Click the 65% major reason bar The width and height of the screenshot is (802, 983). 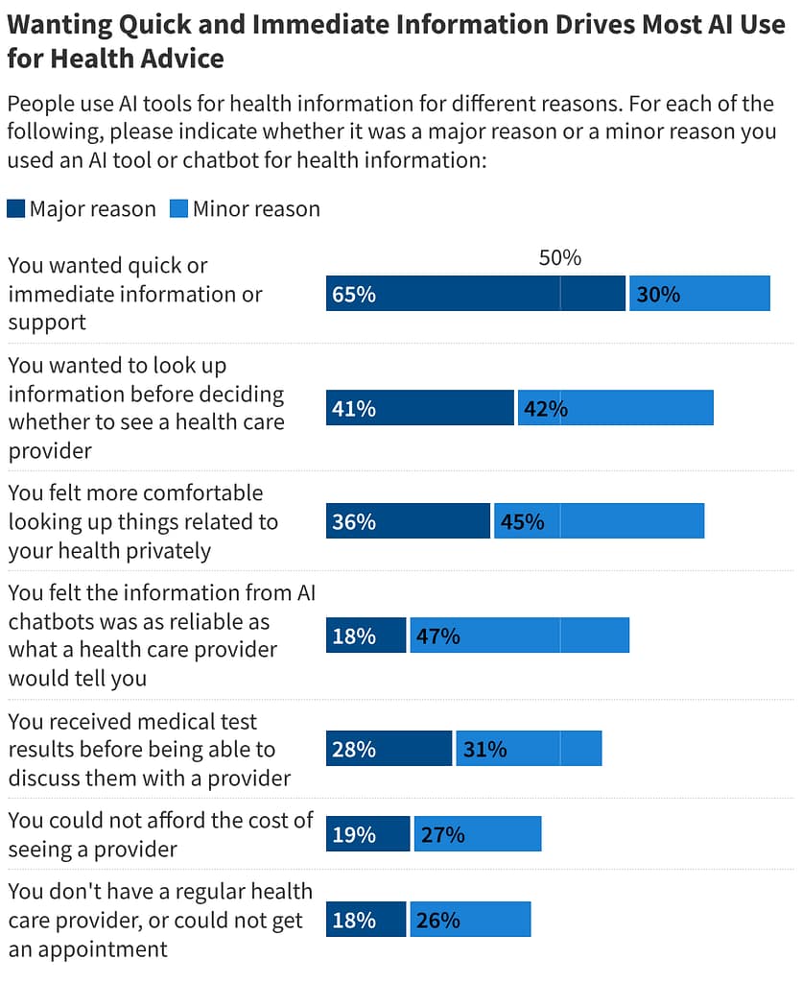[x=475, y=294]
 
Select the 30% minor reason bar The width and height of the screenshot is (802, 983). [x=699, y=294]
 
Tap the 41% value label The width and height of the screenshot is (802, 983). [x=353, y=408]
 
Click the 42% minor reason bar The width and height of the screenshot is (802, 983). [x=615, y=408]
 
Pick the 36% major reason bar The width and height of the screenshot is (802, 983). [x=408, y=521]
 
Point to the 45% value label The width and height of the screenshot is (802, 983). [x=522, y=521]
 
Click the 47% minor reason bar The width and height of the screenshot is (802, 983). [x=519, y=635]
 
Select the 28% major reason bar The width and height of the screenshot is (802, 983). [x=389, y=749]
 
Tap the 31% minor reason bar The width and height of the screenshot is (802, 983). [x=529, y=749]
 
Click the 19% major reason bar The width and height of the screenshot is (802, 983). [x=367, y=834]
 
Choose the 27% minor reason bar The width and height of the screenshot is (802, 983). [x=477, y=834]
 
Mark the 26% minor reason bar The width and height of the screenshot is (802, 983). [x=470, y=920]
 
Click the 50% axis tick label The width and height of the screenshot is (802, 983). [x=560, y=257]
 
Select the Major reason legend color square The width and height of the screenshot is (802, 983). [x=15, y=208]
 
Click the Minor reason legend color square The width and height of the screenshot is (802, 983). [x=178, y=208]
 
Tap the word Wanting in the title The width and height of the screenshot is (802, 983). [x=57, y=25]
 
